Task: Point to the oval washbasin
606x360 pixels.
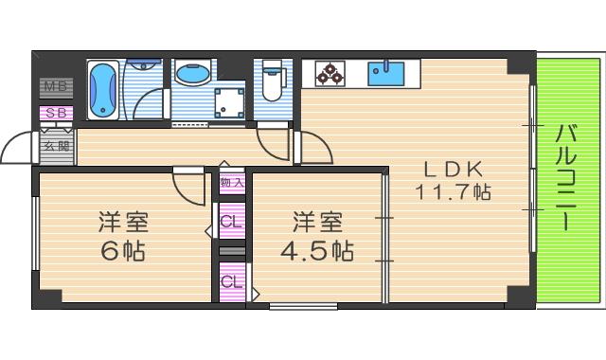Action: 194,73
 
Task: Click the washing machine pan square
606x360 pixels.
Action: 229,101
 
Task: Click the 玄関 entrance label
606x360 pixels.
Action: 56,146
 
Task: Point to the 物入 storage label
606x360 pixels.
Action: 232,182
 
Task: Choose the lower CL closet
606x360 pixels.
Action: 232,281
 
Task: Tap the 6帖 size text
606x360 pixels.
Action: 124,253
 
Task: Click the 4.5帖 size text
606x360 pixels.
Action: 317,253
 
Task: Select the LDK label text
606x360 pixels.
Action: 454,169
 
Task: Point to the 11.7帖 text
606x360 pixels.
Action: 454,192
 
